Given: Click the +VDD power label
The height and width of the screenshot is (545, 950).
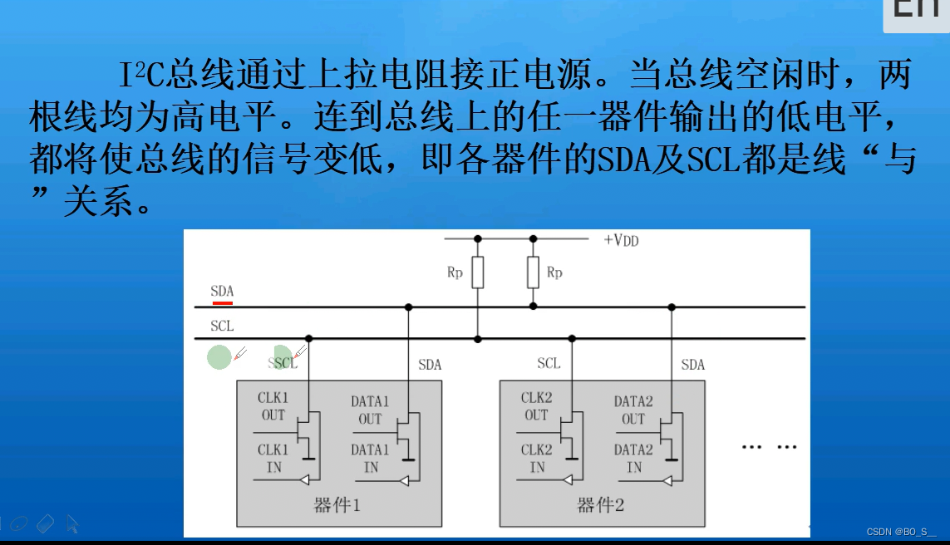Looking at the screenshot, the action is (621, 240).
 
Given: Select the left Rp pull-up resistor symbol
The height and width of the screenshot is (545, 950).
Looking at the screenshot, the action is (477, 272).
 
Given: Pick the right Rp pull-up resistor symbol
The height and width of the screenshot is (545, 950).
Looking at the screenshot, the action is (533, 272).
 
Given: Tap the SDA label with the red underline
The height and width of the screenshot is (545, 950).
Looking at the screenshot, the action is (222, 292).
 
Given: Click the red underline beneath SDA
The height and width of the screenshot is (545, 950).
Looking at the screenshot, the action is (222, 302).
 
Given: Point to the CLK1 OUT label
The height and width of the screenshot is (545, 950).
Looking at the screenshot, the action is (273, 406).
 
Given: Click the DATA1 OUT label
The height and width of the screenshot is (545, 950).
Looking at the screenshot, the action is (370, 410).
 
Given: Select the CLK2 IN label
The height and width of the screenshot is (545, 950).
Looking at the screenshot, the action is (536, 459).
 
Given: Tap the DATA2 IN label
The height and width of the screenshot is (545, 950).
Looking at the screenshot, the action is (633, 459).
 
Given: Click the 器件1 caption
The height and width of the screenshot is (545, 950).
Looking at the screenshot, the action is (337, 506).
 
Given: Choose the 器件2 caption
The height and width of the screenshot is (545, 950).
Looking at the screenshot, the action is (600, 506).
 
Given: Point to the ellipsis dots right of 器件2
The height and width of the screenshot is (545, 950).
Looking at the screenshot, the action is (769, 447).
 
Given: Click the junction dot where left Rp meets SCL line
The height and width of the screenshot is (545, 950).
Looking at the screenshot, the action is (477, 339).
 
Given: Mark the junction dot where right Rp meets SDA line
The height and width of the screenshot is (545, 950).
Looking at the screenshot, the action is (533, 307).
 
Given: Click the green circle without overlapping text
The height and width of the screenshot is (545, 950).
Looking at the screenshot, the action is (219, 358).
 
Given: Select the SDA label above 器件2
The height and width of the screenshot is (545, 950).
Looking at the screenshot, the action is (692, 365).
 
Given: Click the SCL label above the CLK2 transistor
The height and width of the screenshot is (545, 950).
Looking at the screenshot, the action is (549, 363).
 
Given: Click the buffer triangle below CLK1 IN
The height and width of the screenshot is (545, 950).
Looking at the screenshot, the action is (305, 479).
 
